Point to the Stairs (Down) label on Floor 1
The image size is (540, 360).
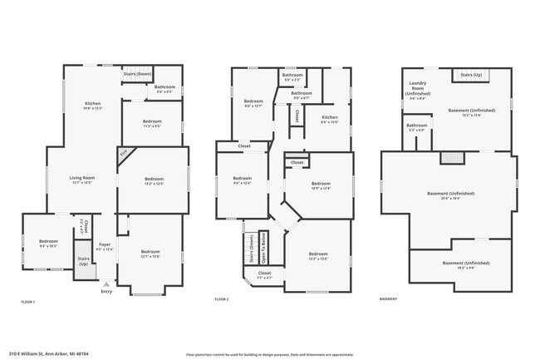click(137, 73)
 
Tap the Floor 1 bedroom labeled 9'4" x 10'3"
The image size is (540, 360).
click(48, 244)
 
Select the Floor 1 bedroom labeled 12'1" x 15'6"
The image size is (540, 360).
click(150, 254)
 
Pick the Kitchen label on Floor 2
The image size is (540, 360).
click(330, 119)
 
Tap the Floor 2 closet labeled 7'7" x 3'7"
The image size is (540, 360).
click(264, 274)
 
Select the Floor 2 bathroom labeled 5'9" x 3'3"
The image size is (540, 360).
click(292, 77)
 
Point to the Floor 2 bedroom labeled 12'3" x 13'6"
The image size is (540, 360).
click(318, 255)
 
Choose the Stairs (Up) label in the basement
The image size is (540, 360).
click(471, 75)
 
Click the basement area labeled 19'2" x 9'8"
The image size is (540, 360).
click(459, 265)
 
